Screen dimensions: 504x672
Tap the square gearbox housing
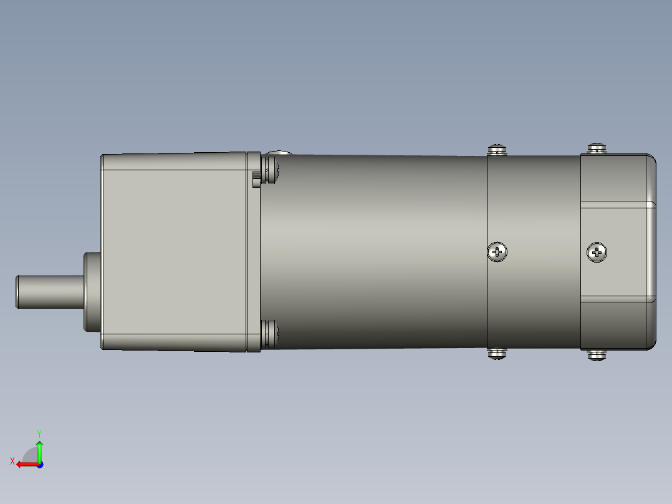pyautogui.click(x=175, y=250)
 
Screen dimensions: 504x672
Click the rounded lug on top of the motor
pyautogui.click(x=278, y=153)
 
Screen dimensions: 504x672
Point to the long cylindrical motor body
pyautogui.click(x=374, y=250)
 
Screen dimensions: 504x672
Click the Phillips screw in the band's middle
pyautogui.click(x=497, y=252)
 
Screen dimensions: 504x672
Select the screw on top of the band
pyautogui.click(x=497, y=150)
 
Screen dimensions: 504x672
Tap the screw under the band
pyautogui.click(x=497, y=354)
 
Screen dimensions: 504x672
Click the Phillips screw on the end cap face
pyautogui.click(x=597, y=253)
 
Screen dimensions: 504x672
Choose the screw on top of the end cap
pyautogui.click(x=597, y=148)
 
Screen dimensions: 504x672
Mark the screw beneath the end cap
pyautogui.click(x=597, y=356)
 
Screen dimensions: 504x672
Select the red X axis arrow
pyautogui.click(x=26, y=464)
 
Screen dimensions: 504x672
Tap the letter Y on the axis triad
pyautogui.click(x=39, y=433)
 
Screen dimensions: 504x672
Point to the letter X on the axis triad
pyautogui.click(x=12, y=461)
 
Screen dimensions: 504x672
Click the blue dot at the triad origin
pyautogui.click(x=39, y=464)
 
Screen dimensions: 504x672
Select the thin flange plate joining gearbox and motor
pyautogui.click(x=253, y=250)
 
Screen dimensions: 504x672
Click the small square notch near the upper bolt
pyautogui.click(x=256, y=181)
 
